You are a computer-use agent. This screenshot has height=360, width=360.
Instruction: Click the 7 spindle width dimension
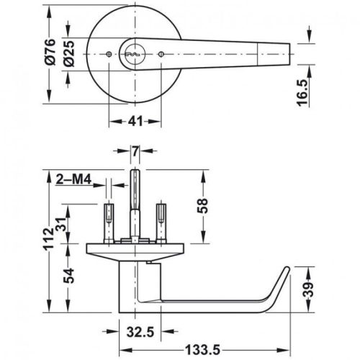(135, 152)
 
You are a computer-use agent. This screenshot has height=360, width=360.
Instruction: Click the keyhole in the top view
(134, 53)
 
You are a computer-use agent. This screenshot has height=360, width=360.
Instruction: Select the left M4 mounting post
(109, 220)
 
